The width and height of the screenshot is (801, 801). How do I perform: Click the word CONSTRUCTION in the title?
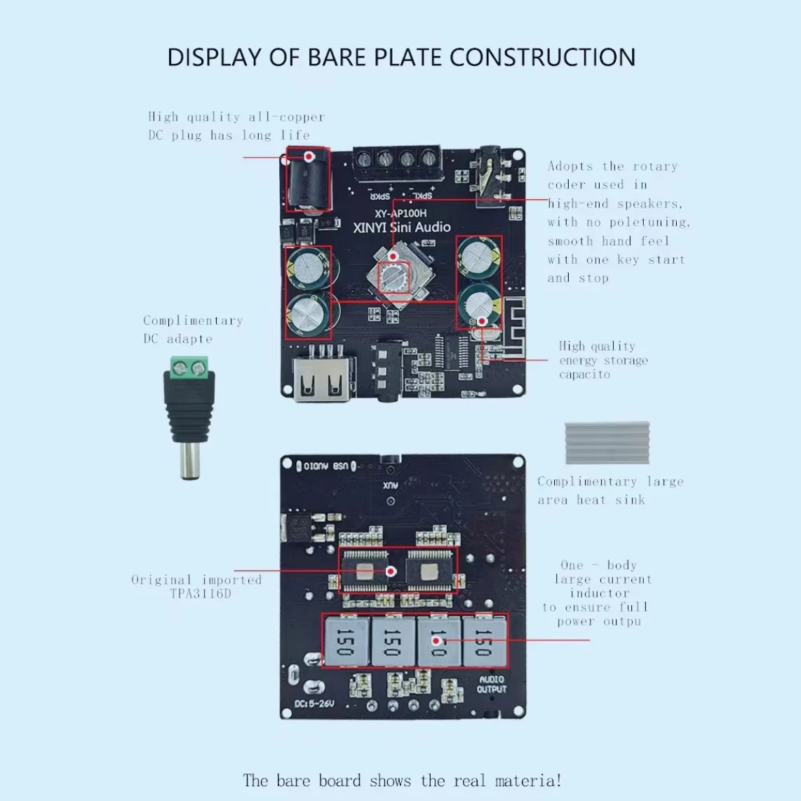click(542, 58)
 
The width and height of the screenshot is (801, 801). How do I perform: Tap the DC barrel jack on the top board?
click(307, 180)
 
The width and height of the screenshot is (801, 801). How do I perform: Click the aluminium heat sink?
click(607, 443)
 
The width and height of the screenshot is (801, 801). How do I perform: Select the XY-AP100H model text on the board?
click(401, 213)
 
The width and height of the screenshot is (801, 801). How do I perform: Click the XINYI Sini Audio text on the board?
click(402, 227)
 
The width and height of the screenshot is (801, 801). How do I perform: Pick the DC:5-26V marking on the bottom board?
click(314, 704)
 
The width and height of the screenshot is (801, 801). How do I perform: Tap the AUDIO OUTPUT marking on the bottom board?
click(492, 685)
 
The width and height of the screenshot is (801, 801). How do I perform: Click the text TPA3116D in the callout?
click(200, 594)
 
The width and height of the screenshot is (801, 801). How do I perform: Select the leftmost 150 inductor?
click(345, 641)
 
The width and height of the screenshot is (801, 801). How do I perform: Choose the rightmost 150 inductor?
click(484, 641)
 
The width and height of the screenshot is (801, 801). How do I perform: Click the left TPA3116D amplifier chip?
click(365, 570)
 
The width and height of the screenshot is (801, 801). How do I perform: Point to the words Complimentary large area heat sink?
click(610, 490)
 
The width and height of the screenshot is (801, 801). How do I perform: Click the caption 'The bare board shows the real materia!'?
click(402, 781)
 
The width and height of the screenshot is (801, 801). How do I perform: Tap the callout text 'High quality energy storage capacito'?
click(603, 360)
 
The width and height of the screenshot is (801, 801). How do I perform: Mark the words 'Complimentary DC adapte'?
click(193, 329)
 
